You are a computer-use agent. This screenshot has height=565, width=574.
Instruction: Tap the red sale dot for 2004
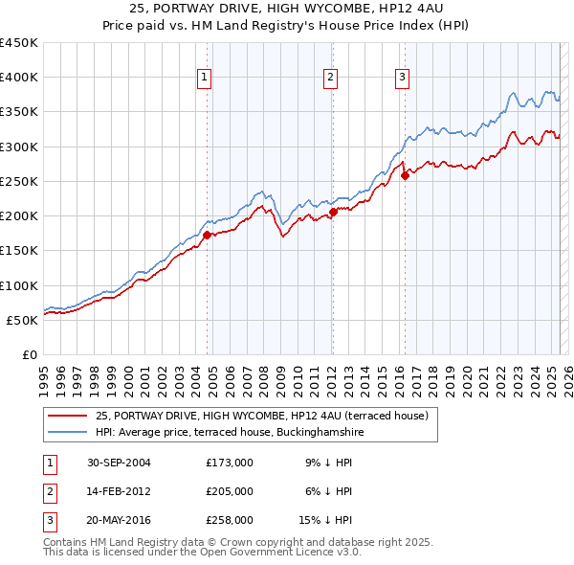(207, 234)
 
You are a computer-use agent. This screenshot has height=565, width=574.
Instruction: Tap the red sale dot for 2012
(332, 213)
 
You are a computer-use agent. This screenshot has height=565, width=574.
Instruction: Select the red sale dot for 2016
(405, 175)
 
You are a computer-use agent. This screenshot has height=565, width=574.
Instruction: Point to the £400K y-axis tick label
(19, 78)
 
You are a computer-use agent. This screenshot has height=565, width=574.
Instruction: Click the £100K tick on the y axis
(19, 285)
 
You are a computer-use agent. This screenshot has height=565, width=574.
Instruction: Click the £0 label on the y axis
(29, 354)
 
